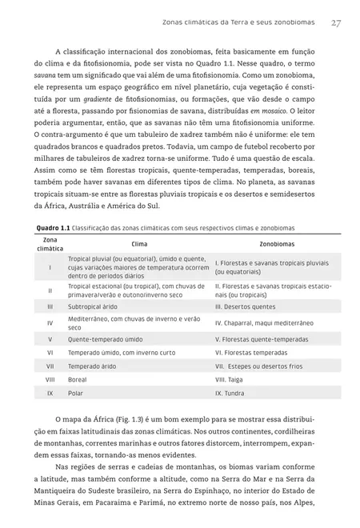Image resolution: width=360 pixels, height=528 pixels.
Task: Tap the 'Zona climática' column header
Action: click(x=50, y=243)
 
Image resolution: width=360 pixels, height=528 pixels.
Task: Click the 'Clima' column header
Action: click(x=138, y=243)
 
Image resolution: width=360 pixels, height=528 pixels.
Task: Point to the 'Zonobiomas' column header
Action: click(x=277, y=243)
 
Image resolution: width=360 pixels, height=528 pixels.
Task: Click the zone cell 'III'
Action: click(x=50, y=306)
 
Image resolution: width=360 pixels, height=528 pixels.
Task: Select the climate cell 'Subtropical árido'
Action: click(x=98, y=306)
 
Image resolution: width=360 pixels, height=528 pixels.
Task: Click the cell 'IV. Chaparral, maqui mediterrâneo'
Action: click(x=270, y=322)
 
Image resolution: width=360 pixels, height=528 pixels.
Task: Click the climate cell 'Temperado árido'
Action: click(x=94, y=366)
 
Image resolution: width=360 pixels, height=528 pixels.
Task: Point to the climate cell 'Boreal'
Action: click(x=78, y=379)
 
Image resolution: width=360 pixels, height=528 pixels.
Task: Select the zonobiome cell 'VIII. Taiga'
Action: click(x=233, y=379)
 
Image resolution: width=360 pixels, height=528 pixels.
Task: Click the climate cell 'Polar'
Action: click(x=76, y=393)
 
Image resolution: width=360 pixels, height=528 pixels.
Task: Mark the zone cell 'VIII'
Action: click(x=50, y=379)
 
